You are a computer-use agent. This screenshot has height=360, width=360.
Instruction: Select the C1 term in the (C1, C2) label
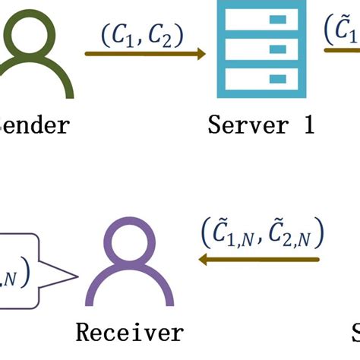click(122, 36)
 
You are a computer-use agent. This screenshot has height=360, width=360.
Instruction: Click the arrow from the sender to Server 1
click(144, 54)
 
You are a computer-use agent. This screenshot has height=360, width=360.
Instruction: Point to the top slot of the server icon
click(261, 19)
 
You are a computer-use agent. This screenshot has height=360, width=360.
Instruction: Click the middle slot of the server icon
click(261, 49)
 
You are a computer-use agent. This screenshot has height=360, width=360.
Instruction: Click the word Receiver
click(130, 332)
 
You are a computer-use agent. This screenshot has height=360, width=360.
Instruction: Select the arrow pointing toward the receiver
click(258, 260)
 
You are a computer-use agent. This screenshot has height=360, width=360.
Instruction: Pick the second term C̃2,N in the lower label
click(292, 234)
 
